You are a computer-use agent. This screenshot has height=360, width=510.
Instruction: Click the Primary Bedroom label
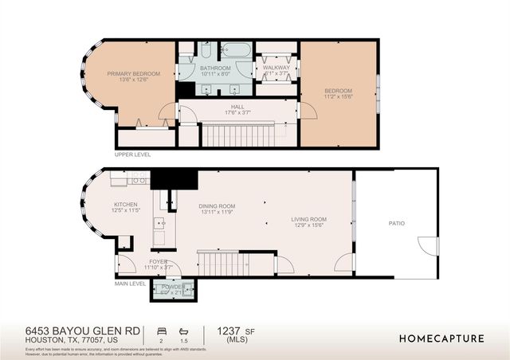coord(134,74)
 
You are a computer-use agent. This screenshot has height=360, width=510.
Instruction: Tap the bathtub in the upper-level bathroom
coord(236,50)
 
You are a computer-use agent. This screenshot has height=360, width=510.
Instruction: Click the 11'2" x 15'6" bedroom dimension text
coord(338,97)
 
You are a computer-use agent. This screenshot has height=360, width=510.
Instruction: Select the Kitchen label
coord(126,205)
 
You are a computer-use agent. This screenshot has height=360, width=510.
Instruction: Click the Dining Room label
coord(217,206)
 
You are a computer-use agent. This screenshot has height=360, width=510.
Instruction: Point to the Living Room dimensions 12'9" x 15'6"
coord(310,225)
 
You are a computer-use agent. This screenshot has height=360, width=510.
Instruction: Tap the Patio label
coord(396,223)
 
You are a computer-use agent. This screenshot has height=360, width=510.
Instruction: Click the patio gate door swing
coord(429,246)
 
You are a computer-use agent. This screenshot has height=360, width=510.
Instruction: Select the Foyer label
coord(158,260)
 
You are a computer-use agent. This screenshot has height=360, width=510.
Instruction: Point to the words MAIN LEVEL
coord(131,283)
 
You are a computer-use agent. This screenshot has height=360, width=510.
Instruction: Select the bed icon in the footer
coord(162,330)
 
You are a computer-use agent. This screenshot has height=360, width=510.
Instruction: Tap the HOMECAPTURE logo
coord(441,338)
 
